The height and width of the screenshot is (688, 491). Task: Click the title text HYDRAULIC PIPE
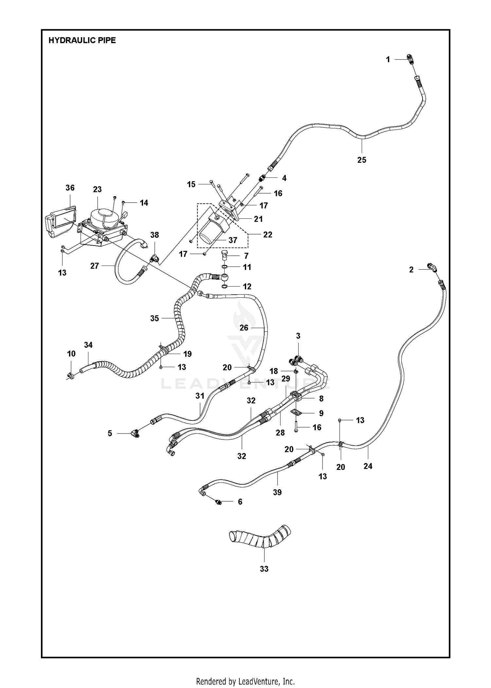click(x=82, y=40)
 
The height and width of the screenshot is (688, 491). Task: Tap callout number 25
click(x=362, y=160)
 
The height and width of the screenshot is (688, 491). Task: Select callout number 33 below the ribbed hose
click(x=264, y=569)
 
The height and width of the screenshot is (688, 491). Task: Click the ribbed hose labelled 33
click(x=260, y=538)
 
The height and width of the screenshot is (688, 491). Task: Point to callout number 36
click(x=70, y=188)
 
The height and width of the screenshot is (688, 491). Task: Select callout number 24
click(x=368, y=466)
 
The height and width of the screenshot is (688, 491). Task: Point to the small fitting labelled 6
click(x=218, y=502)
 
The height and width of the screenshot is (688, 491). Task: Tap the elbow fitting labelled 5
click(x=134, y=434)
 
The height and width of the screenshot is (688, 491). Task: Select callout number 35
click(x=155, y=318)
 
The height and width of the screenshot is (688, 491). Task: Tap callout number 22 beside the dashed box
click(x=268, y=234)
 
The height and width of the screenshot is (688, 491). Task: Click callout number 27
click(x=95, y=266)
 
